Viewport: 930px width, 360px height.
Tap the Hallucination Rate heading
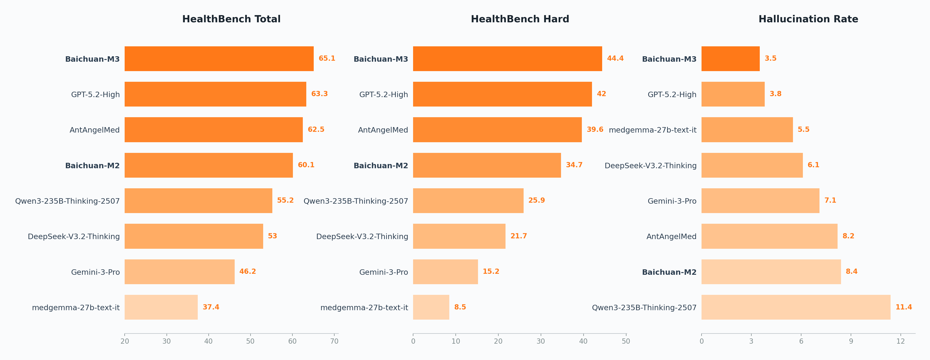[x=808, y=19]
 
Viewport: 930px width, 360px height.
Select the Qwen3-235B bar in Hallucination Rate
[x=795, y=307]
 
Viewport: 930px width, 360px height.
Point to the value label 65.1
[x=327, y=58]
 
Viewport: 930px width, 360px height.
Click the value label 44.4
[x=615, y=58]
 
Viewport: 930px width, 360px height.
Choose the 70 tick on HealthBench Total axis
[x=334, y=341]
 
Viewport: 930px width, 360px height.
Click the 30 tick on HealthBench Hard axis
[x=540, y=341]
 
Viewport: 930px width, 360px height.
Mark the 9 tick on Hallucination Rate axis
[x=851, y=341]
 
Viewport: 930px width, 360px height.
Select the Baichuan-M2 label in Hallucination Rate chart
[x=669, y=272]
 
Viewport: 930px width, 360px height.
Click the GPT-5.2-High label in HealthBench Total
[x=95, y=95]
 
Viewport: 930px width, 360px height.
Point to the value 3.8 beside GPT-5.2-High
[x=775, y=94]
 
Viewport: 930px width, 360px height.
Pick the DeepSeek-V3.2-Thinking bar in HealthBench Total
[x=194, y=236]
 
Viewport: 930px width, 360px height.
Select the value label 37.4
[x=211, y=307]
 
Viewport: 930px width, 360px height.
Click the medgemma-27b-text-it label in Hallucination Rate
[x=652, y=130]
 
